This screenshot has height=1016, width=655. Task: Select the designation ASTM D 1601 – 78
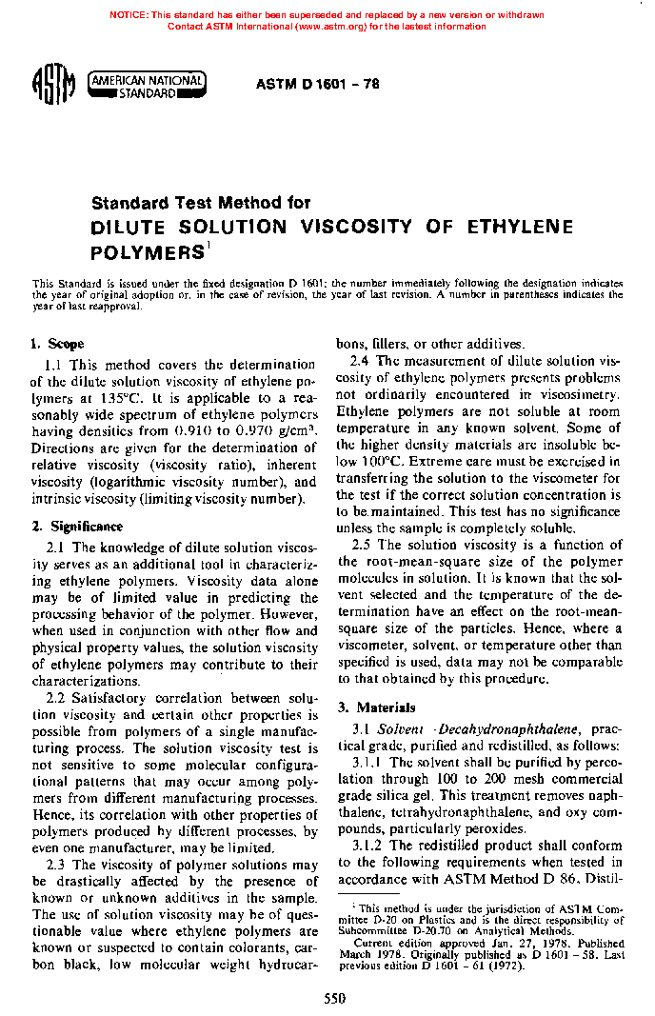tap(318, 85)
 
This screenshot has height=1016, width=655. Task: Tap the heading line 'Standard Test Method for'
tap(200, 203)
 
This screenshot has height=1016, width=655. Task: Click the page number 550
tap(334, 999)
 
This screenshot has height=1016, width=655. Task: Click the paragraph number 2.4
tap(362, 361)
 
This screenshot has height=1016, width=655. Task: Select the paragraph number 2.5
tap(362, 545)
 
